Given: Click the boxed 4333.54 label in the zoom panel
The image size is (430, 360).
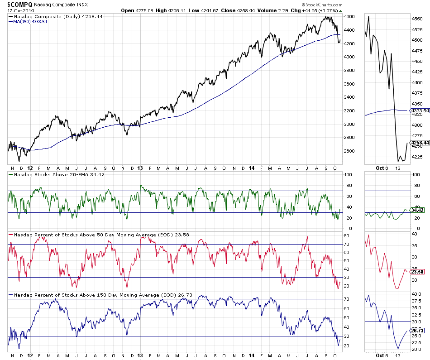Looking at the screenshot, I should [x=419, y=111].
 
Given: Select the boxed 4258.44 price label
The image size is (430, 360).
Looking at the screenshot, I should [x=420, y=142].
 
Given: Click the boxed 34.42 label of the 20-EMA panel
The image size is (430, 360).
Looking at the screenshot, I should [x=416, y=211].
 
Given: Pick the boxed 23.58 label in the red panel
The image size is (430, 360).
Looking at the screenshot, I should [x=416, y=272].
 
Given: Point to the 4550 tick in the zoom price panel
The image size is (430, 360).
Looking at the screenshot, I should [x=416, y=19].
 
